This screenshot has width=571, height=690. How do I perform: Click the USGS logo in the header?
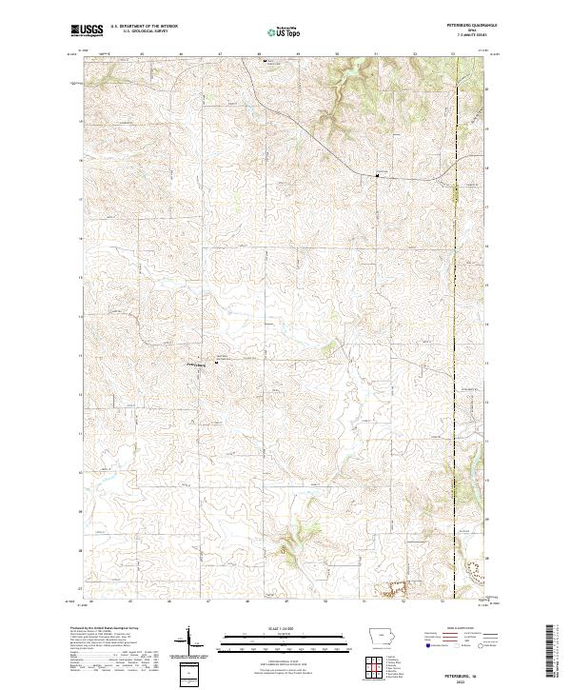[x=86, y=30]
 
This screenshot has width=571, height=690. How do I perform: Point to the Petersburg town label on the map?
[x=195, y=361]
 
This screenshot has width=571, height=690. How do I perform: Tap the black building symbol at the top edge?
[x=265, y=60]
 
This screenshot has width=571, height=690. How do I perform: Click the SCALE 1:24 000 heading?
[x=286, y=626]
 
